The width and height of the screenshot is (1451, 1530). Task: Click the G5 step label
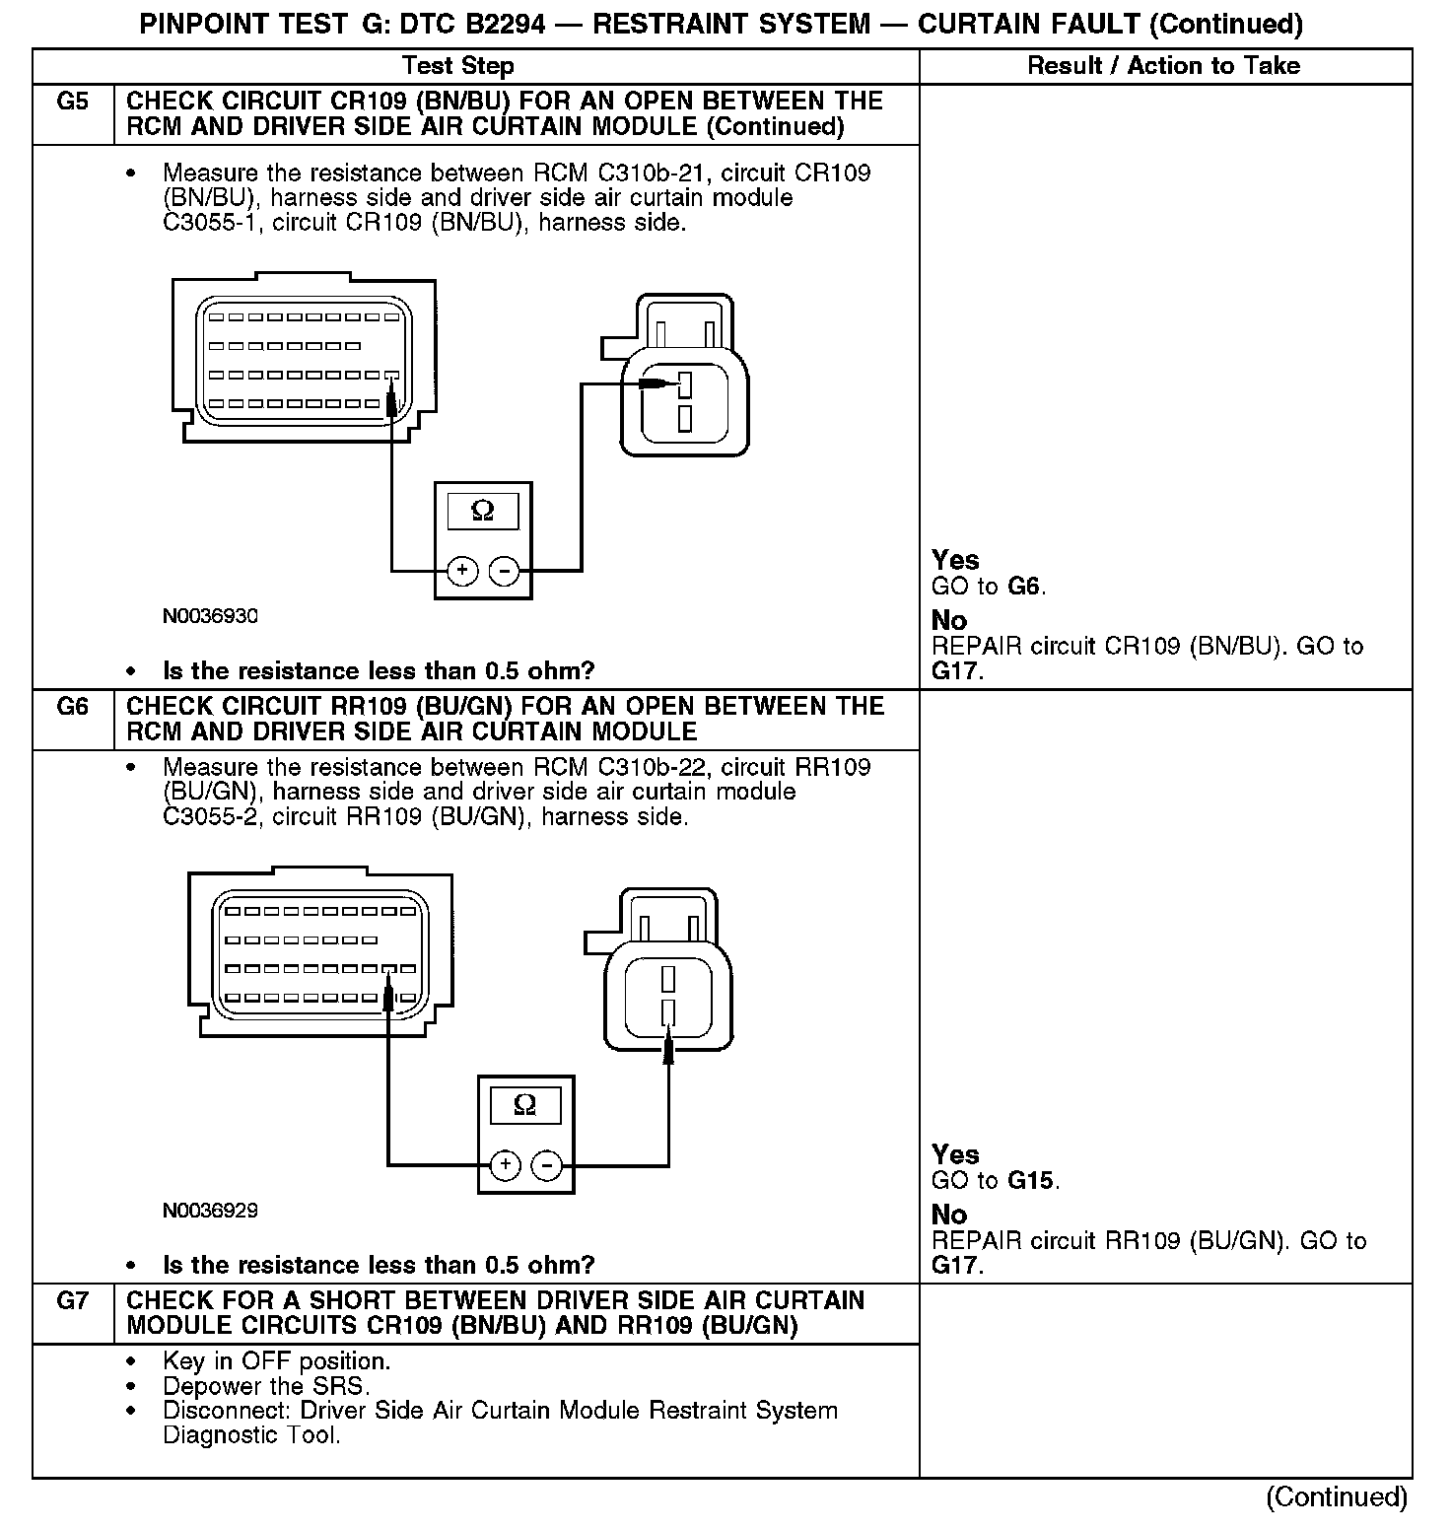(x=73, y=103)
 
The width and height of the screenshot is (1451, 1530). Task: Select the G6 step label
(x=73, y=707)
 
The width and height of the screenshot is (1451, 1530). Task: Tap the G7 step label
(x=73, y=1301)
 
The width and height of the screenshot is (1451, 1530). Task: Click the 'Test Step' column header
(x=457, y=66)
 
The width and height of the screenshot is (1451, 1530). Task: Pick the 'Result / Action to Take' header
(x=1163, y=66)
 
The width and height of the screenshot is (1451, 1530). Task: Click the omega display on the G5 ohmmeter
(x=483, y=511)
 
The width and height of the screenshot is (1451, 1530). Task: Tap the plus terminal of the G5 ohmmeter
(x=462, y=571)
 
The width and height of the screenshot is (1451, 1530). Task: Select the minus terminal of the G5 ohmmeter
(x=504, y=571)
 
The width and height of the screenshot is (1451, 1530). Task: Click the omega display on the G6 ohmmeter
(x=525, y=1105)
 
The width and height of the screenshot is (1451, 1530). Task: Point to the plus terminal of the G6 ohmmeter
(x=505, y=1165)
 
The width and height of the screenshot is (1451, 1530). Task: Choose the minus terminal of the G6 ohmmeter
(x=546, y=1165)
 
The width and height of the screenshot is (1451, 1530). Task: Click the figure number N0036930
(x=211, y=616)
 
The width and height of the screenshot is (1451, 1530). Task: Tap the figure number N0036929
(x=211, y=1211)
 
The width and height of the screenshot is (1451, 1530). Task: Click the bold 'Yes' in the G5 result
(x=955, y=560)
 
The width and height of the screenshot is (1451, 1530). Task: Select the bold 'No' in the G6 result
(x=949, y=1215)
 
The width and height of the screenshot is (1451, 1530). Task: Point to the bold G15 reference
(x=1031, y=1180)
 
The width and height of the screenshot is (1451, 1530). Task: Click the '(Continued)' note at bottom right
(x=1337, y=1496)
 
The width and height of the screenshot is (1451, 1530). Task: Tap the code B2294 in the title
(x=501, y=25)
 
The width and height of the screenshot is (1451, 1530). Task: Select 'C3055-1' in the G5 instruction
(x=204, y=223)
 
